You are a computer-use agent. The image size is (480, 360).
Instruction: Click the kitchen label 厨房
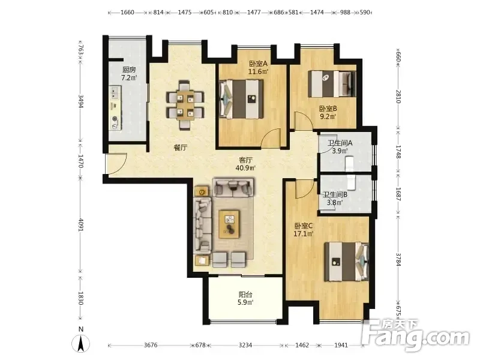(129, 70)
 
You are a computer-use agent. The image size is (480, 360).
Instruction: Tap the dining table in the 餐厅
(185, 104)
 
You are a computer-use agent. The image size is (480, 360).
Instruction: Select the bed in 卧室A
(242, 99)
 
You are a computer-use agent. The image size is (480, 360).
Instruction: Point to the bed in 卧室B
(332, 84)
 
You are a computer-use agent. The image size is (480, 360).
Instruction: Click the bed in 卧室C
(347, 262)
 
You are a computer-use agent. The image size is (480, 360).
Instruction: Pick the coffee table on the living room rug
(229, 224)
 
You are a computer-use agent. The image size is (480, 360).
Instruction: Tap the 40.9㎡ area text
(245, 168)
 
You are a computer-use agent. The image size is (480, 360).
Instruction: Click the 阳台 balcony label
(245, 295)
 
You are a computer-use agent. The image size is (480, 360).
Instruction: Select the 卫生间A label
(340, 143)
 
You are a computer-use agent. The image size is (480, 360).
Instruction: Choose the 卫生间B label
(335, 194)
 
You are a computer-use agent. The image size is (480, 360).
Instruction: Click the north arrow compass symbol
(81, 343)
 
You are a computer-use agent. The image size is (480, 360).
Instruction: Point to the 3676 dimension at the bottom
(151, 346)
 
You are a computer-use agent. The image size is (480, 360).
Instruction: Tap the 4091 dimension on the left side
(81, 224)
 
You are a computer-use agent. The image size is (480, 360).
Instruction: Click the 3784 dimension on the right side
(398, 259)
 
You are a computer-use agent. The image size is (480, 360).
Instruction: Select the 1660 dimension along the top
(127, 12)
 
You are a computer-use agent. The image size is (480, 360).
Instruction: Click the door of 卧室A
(271, 139)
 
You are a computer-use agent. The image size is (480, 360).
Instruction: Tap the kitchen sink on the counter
(115, 92)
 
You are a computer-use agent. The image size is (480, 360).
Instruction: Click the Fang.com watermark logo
(416, 335)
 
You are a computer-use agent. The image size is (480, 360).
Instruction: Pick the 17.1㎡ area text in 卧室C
(304, 234)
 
